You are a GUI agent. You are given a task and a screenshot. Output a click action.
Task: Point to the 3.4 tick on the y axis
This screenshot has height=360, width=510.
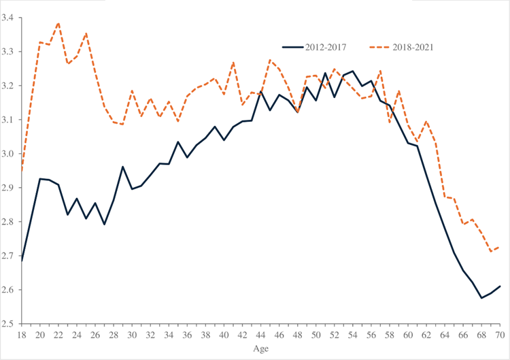click(x=12, y=18)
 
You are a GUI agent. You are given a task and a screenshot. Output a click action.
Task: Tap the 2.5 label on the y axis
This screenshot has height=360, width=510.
click(x=12, y=324)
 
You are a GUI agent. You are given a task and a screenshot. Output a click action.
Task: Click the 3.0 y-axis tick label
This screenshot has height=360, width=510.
click(x=12, y=154)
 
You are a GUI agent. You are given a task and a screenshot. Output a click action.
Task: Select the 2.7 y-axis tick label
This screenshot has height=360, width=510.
click(x=12, y=256)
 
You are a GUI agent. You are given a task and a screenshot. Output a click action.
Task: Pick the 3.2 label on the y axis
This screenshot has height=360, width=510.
click(x=12, y=86)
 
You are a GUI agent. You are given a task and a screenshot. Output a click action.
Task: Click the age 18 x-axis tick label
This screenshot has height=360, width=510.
click(x=22, y=335)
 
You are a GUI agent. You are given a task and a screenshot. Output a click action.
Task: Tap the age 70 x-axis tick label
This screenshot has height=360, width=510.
click(x=500, y=335)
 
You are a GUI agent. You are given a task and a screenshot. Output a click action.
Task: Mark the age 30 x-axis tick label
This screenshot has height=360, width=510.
click(x=133, y=335)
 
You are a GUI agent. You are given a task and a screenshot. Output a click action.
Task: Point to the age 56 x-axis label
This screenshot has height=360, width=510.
click(x=372, y=335)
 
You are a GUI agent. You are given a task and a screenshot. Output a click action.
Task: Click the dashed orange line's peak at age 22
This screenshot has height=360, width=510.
click(x=59, y=23)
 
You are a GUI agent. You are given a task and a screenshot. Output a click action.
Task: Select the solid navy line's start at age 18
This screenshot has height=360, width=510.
click(x=22, y=261)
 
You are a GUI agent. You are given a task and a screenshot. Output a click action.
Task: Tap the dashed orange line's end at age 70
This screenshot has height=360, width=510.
click(x=500, y=247)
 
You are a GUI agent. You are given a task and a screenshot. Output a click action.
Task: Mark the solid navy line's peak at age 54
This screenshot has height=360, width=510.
click(x=353, y=71)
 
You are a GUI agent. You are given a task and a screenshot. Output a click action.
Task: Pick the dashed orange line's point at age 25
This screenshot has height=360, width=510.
click(x=86, y=33)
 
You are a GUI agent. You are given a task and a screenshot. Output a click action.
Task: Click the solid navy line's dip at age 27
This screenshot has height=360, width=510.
click(x=105, y=225)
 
